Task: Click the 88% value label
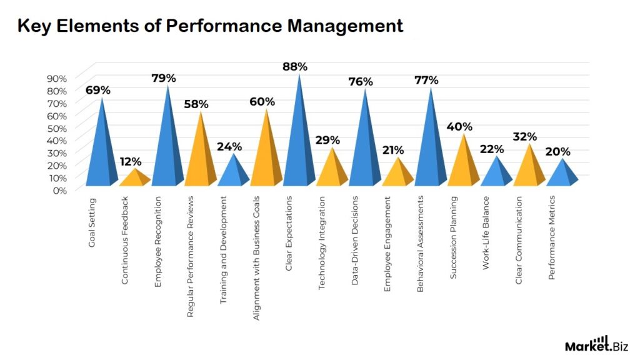click(296, 66)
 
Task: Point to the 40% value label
click(459, 127)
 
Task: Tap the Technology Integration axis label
click(322, 244)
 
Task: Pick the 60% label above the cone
click(262, 102)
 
